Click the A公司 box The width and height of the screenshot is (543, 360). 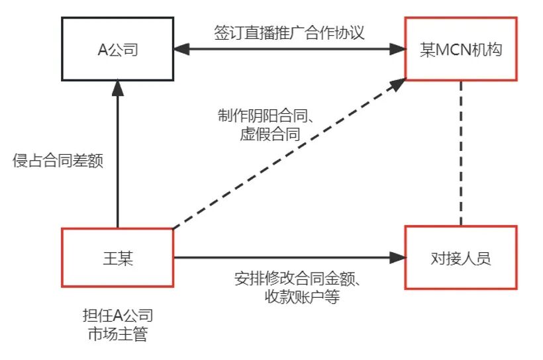(117, 49)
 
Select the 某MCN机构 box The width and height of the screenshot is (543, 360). (461, 49)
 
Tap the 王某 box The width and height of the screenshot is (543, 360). (117, 257)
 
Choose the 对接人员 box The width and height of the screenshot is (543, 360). (461, 257)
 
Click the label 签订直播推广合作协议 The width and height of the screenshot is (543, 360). (289, 33)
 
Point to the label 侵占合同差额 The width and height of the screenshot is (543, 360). (58, 160)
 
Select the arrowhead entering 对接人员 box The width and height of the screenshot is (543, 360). (398, 257)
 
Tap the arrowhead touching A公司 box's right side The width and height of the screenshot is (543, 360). (180, 49)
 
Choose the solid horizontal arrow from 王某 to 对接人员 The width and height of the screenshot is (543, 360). (285, 257)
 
